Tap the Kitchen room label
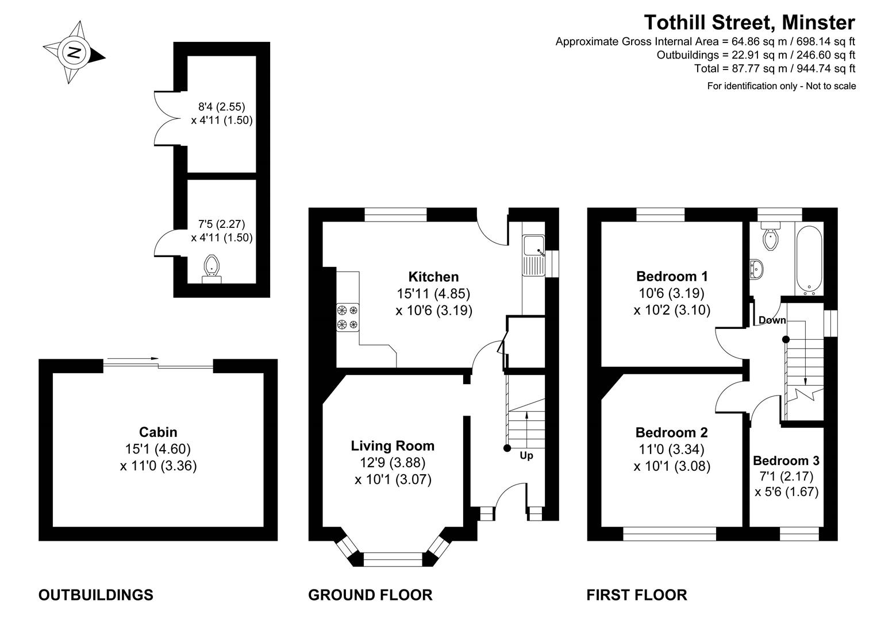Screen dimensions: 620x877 (x=433, y=277)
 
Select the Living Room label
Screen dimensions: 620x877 (x=393, y=445)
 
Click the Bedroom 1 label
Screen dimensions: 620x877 (x=672, y=276)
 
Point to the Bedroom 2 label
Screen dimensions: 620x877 (x=671, y=432)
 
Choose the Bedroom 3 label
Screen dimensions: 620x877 (x=786, y=460)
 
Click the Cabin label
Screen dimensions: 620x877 (x=158, y=432)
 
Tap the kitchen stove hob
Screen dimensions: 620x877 (x=348, y=317)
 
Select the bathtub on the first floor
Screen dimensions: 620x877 (x=809, y=258)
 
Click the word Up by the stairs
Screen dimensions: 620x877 (x=526, y=456)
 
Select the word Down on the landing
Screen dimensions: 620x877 (x=772, y=320)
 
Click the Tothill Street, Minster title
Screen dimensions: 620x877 (x=749, y=22)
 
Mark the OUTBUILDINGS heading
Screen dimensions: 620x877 (x=95, y=595)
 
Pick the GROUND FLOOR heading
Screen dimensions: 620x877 (x=370, y=595)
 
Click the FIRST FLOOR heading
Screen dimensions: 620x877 (x=636, y=595)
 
